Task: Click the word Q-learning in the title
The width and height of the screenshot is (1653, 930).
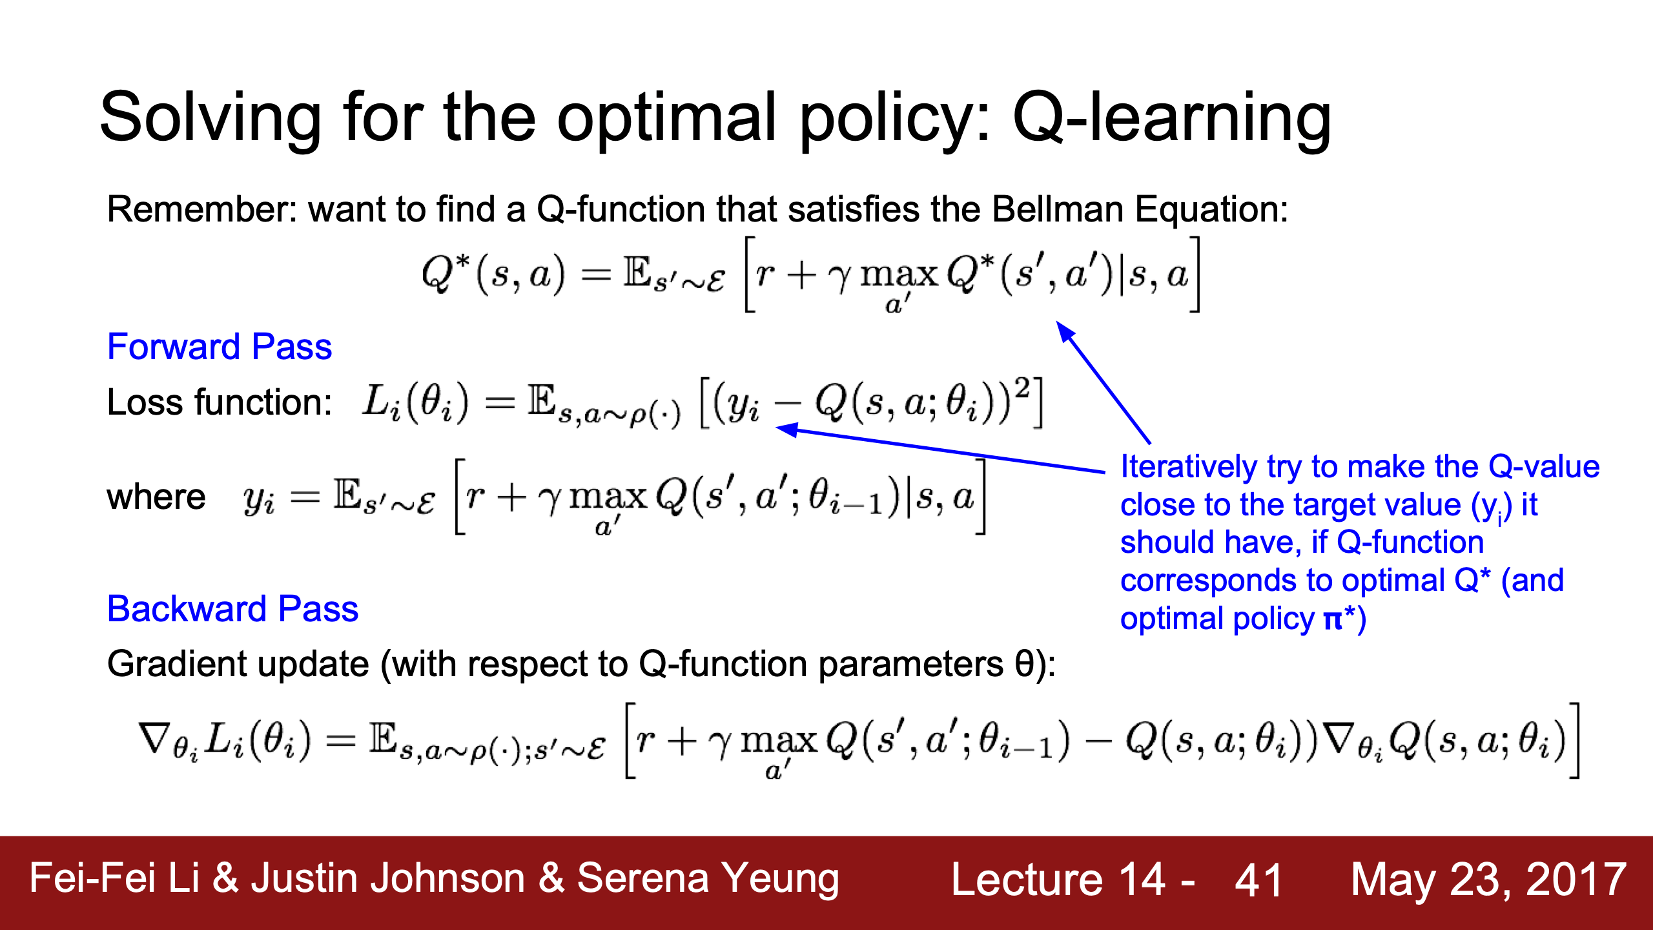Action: [x=1171, y=119]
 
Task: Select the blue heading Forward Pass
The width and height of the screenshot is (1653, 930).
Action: [x=220, y=347]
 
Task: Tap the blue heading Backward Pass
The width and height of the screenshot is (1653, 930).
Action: [x=232, y=609]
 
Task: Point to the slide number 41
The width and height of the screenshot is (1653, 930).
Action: [x=1258, y=880]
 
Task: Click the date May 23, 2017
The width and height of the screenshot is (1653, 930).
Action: [x=1488, y=880]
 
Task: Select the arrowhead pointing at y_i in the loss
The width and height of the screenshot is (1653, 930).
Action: [x=786, y=429]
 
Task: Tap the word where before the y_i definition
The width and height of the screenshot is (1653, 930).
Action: [x=156, y=497]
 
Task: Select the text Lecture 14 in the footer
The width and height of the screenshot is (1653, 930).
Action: [x=1058, y=880]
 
